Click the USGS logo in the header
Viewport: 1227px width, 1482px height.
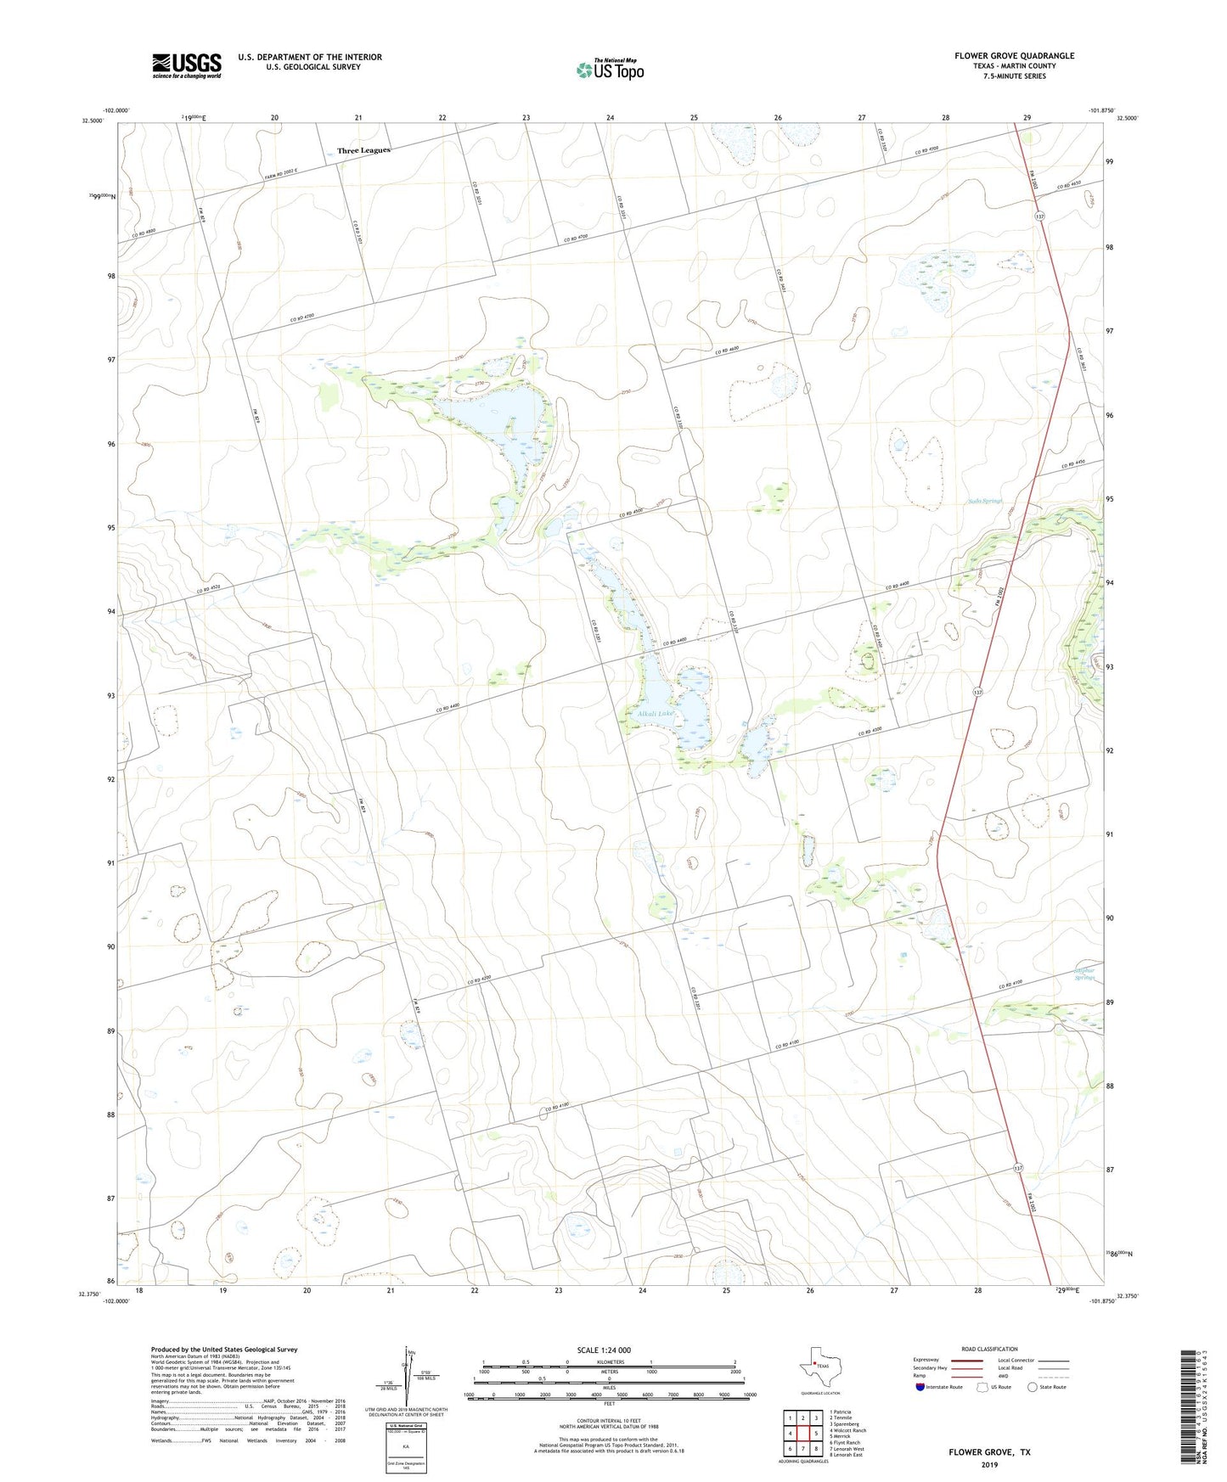click(x=187, y=65)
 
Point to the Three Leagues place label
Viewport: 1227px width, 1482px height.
click(x=363, y=150)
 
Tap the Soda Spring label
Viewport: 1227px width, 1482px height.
click(x=985, y=501)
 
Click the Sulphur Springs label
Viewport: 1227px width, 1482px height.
click(x=1084, y=974)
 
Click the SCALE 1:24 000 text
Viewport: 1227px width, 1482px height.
click(x=604, y=1350)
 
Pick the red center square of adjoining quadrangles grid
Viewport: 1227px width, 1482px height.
click(x=802, y=1434)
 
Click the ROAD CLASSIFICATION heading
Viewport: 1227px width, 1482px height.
click(x=989, y=1349)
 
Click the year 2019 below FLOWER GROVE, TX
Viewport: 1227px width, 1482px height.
click(x=989, y=1464)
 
